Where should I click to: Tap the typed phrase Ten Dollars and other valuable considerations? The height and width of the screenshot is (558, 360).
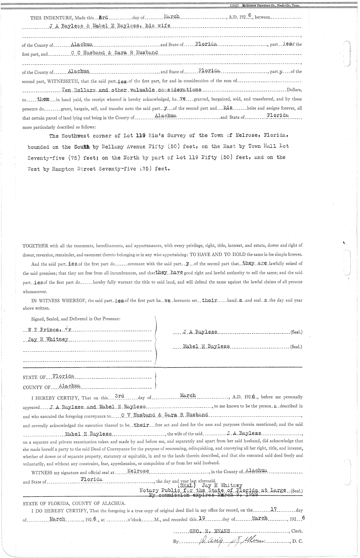coord(131,90)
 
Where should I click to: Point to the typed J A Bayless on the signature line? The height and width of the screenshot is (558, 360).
coord(200,332)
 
